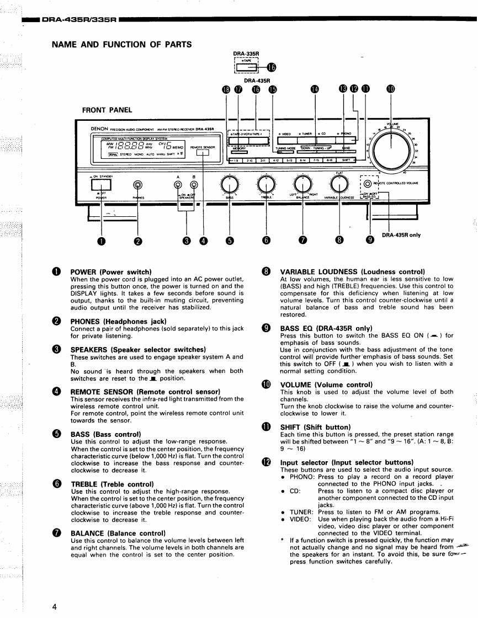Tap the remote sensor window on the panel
(x=204, y=154)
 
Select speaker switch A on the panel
(x=178, y=186)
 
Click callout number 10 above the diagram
(x=391, y=91)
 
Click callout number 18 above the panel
(x=225, y=91)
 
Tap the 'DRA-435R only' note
(x=401, y=234)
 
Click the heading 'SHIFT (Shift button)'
(x=315, y=427)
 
